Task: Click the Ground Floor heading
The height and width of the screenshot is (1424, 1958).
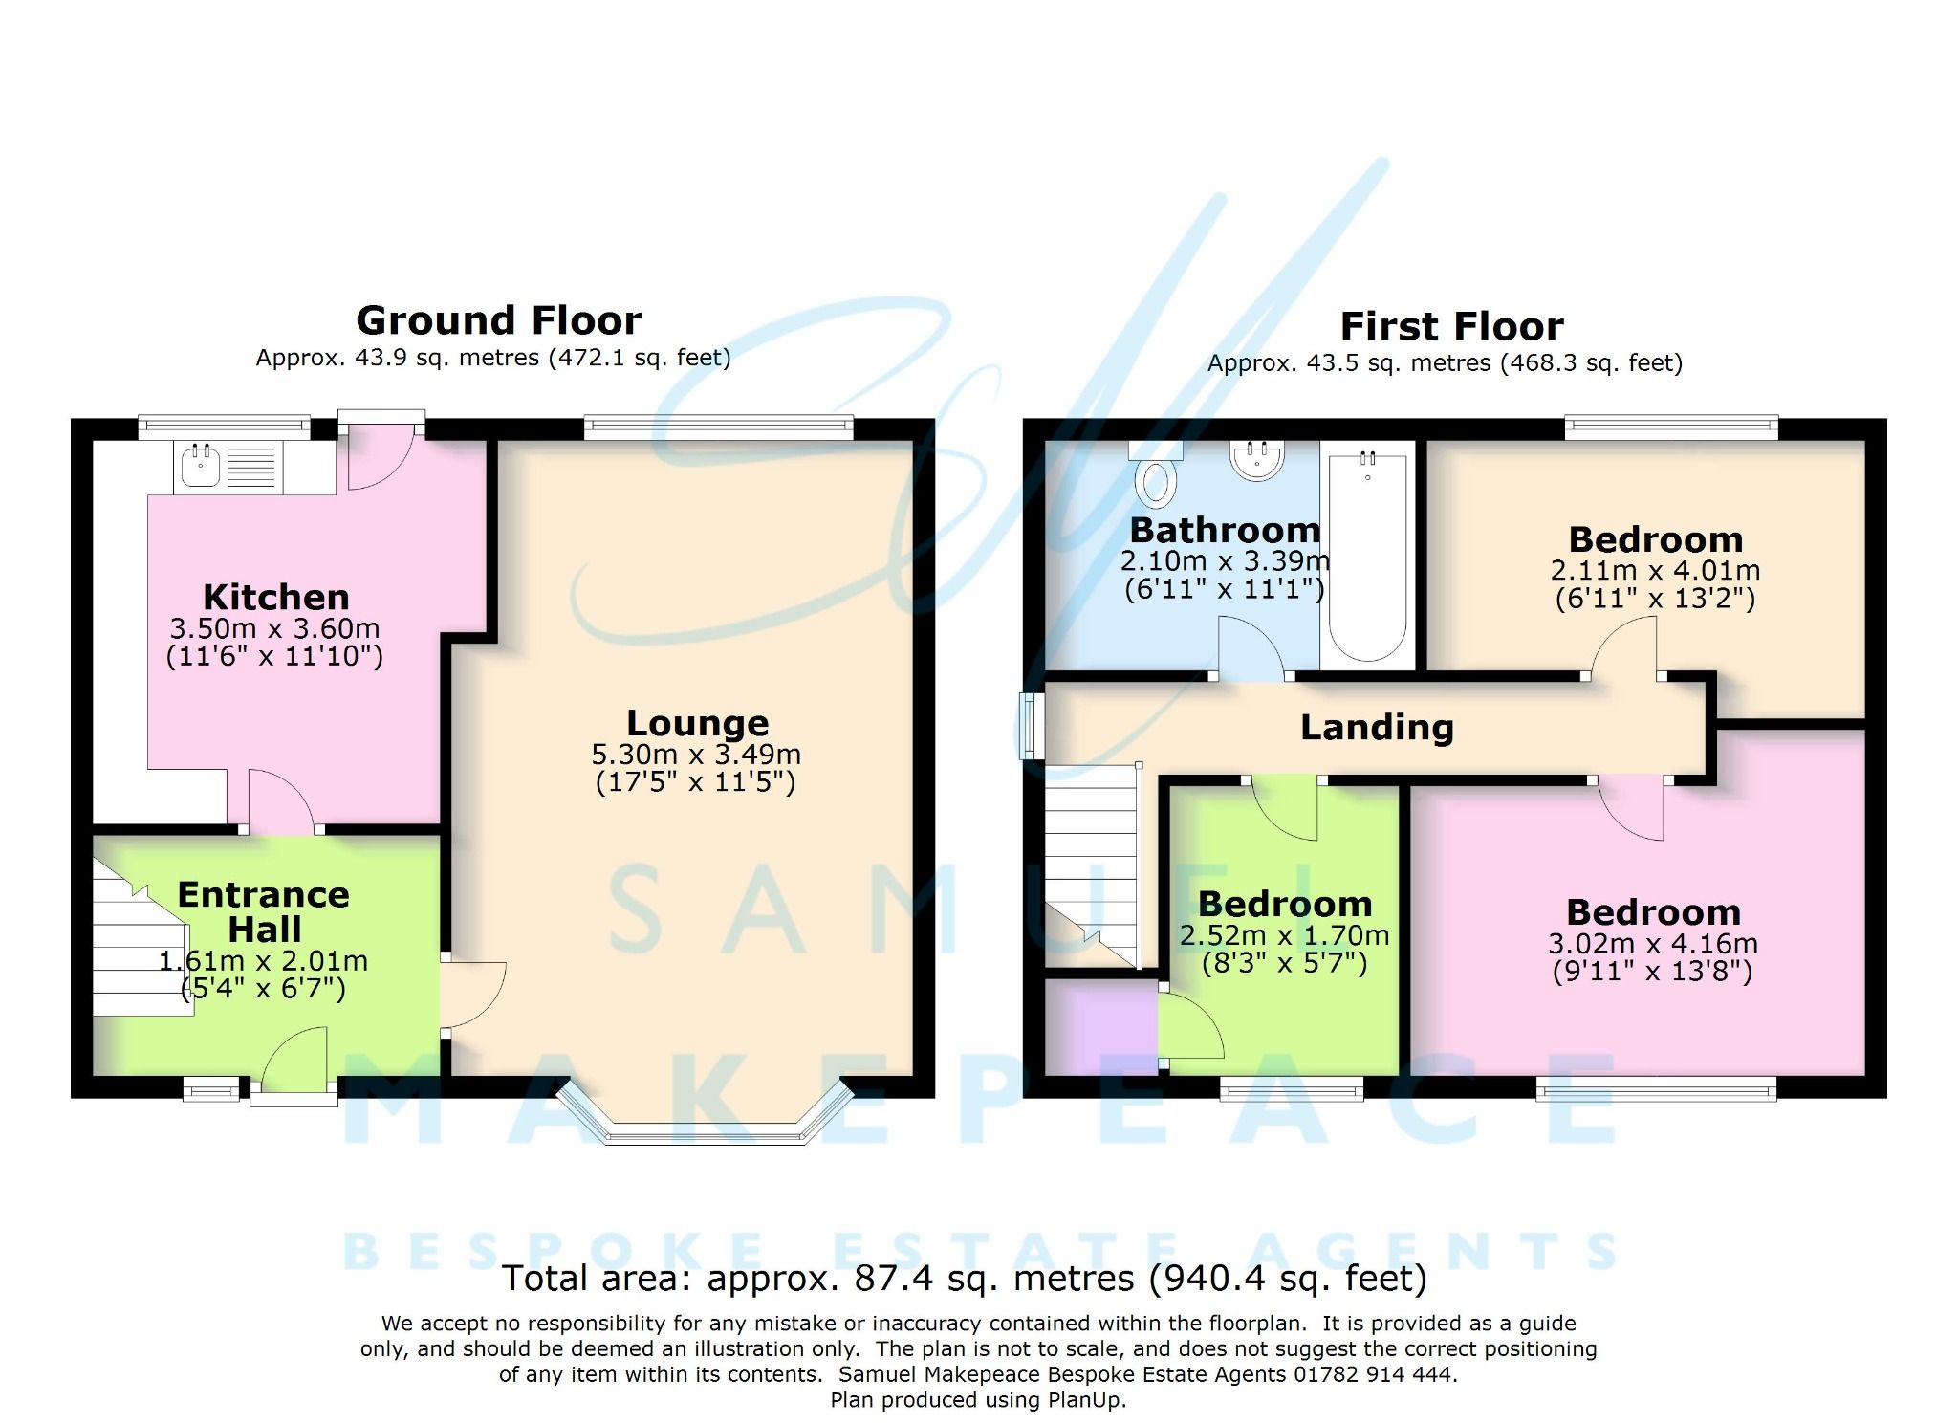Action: click(x=498, y=320)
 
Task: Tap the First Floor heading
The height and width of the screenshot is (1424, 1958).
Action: click(x=1451, y=327)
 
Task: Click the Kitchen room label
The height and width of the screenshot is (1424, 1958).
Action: click(x=275, y=598)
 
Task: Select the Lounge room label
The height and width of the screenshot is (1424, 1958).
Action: click(x=697, y=723)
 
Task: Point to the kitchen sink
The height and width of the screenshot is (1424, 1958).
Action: click(x=202, y=466)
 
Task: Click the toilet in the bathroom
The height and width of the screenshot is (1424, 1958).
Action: click(x=1155, y=480)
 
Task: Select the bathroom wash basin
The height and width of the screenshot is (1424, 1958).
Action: click(x=1257, y=461)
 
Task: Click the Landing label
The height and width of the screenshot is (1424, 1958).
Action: click(x=1377, y=728)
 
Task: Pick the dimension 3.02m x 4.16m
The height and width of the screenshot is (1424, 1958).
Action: click(x=1652, y=944)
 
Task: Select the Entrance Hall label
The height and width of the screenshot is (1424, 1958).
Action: click(x=264, y=911)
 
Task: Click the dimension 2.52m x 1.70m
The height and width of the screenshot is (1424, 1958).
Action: click(x=1284, y=935)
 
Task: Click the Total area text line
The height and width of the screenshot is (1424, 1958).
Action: click(x=964, y=1279)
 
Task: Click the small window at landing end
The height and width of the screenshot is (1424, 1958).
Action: click(x=1030, y=726)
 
